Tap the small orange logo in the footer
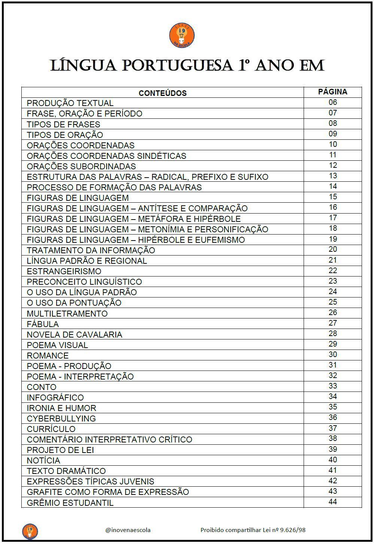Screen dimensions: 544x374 point(30,531)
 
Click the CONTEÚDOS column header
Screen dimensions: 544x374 point(162,93)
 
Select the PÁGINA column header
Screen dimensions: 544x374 point(332,92)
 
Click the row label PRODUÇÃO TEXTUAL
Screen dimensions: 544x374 point(70,103)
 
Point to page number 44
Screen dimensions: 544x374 point(332,502)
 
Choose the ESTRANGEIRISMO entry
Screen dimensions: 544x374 point(64,271)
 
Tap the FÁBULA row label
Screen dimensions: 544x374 point(43,324)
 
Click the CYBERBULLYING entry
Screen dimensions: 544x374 point(61,418)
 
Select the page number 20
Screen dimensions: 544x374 point(332,250)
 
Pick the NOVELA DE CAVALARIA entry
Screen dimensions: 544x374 point(75,335)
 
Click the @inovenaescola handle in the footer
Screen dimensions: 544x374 point(128,530)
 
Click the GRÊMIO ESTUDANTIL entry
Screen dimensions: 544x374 point(70,503)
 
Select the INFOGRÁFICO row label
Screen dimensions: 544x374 point(55,398)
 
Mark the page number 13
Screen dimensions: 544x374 point(332,176)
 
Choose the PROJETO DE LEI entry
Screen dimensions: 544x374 point(60,450)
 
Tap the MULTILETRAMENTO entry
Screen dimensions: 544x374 point(67,314)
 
